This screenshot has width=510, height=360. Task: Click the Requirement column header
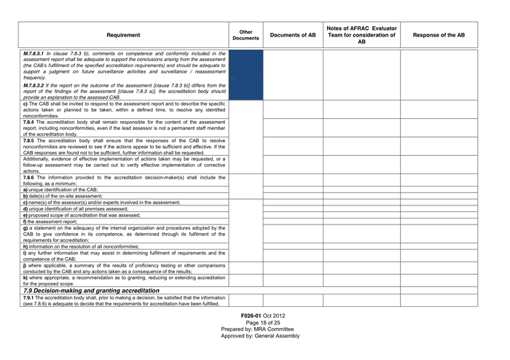point(124,35)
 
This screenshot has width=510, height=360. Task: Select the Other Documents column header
point(246,35)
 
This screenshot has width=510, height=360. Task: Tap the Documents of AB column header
point(293,35)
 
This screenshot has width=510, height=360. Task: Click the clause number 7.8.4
point(30,122)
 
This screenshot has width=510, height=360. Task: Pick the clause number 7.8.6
point(30,177)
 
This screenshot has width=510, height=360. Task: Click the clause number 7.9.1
point(30,298)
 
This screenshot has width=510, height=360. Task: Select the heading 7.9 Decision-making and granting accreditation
point(92,290)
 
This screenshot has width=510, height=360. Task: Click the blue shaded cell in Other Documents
point(246,74)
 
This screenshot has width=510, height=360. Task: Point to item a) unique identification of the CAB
point(61,189)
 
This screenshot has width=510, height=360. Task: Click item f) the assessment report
point(51,222)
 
